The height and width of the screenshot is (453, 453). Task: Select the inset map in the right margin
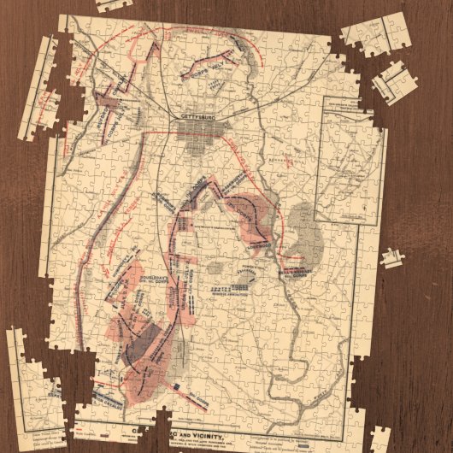point(348,162)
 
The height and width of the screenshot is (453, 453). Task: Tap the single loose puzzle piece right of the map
point(392,256)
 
